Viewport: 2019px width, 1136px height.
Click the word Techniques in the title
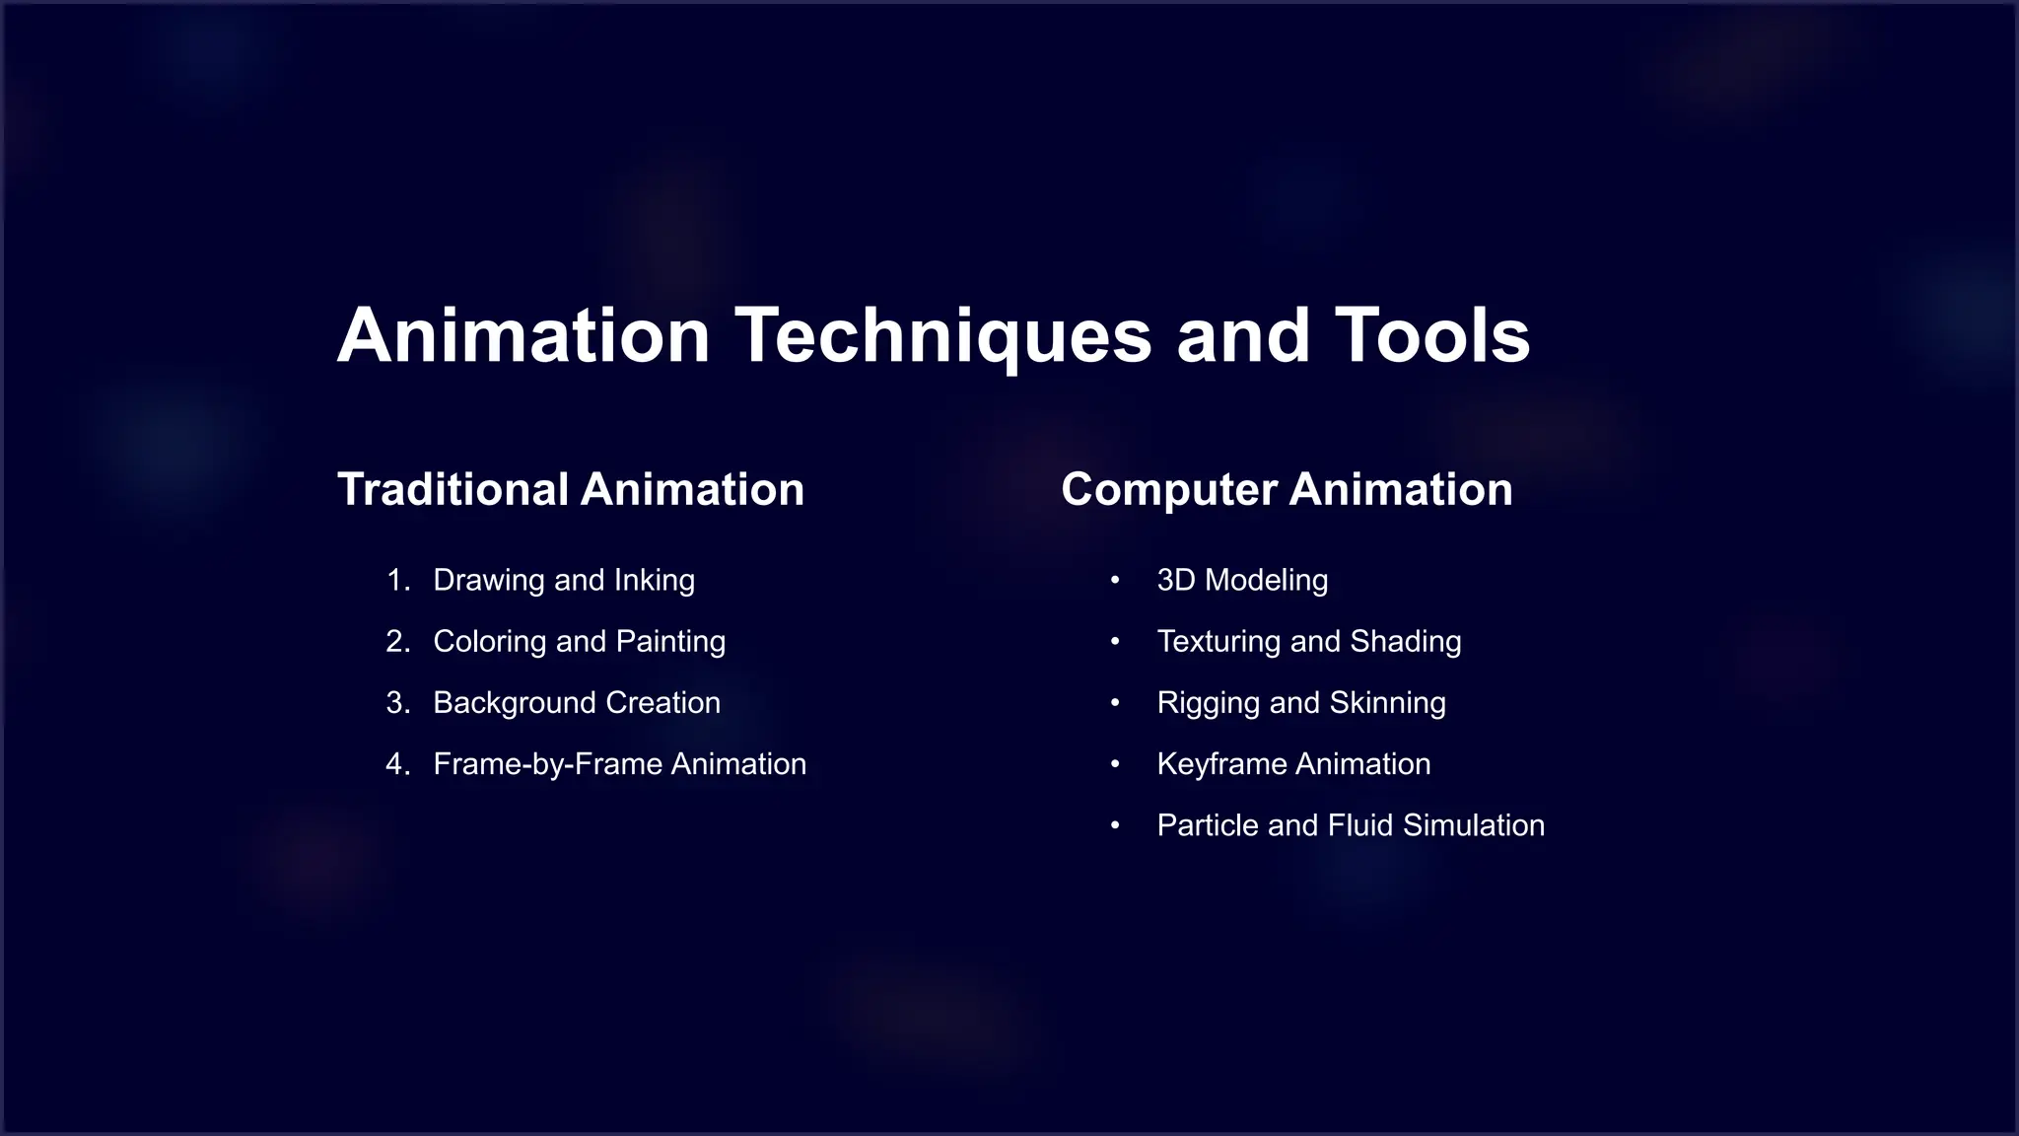coord(942,336)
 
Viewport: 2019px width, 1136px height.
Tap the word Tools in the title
coord(1431,336)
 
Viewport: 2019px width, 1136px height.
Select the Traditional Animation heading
coord(571,489)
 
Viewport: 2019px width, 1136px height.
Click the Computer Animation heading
coord(1287,489)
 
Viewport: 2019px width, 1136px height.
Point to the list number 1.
coord(397,580)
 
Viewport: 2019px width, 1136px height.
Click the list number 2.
coord(397,641)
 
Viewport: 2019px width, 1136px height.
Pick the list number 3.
coord(397,702)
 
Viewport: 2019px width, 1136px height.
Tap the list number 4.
coord(397,764)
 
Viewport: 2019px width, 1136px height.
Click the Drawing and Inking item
coord(564,580)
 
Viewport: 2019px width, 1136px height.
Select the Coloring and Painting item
coord(580,641)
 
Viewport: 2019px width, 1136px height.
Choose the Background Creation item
coord(577,702)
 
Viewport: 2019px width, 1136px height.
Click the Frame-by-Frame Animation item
coord(619,764)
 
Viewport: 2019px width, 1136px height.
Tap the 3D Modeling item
coord(1242,580)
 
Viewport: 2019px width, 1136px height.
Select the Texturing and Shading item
coord(1309,641)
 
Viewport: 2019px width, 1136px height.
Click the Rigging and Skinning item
coord(1301,702)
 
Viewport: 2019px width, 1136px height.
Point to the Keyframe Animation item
coord(1293,764)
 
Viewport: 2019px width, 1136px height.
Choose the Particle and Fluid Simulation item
coord(1351,825)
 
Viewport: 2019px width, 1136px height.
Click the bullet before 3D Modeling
coord(1115,580)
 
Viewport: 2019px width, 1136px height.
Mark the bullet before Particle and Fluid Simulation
coord(1115,825)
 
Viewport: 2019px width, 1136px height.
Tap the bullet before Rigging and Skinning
coord(1115,702)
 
